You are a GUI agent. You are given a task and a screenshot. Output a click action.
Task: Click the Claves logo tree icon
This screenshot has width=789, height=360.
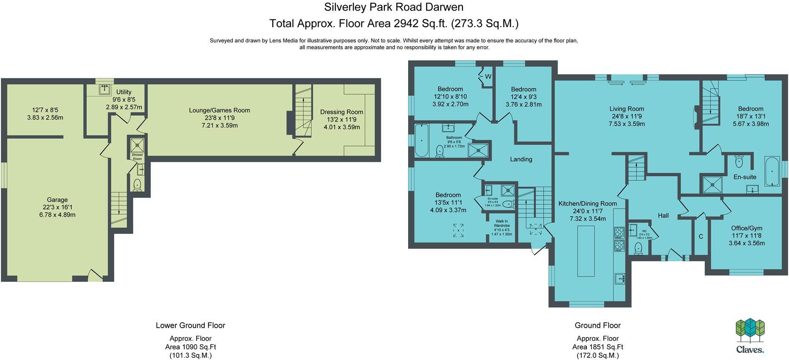click(x=750, y=330)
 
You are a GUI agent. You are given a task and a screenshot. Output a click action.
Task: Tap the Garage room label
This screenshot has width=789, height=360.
click(x=57, y=200)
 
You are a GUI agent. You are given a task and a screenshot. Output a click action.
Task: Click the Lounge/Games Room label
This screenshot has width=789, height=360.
click(x=219, y=110)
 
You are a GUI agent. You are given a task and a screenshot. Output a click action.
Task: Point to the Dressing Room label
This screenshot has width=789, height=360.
click(x=341, y=112)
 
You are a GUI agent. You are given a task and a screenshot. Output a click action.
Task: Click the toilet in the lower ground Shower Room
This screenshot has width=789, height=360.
click(x=137, y=185)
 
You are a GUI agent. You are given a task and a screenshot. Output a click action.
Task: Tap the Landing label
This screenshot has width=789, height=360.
click(x=521, y=159)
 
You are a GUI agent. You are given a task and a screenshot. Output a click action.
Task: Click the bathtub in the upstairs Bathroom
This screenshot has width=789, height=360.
click(x=422, y=140)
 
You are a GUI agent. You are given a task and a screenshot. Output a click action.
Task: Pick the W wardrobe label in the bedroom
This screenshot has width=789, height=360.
click(x=488, y=77)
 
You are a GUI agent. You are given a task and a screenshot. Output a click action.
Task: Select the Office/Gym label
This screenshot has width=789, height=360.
click(x=746, y=228)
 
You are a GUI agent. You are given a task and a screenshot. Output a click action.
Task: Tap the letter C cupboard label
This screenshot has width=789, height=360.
click(x=701, y=236)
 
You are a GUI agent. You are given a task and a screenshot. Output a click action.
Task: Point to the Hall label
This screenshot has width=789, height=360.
click(x=663, y=216)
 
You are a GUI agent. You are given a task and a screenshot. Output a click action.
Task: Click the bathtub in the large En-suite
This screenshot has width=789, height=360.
click(x=772, y=171)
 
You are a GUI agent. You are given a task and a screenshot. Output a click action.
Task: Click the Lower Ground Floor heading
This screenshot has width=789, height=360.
click(x=190, y=326)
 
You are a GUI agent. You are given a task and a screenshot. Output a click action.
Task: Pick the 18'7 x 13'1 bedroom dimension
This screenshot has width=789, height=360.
click(x=750, y=116)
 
